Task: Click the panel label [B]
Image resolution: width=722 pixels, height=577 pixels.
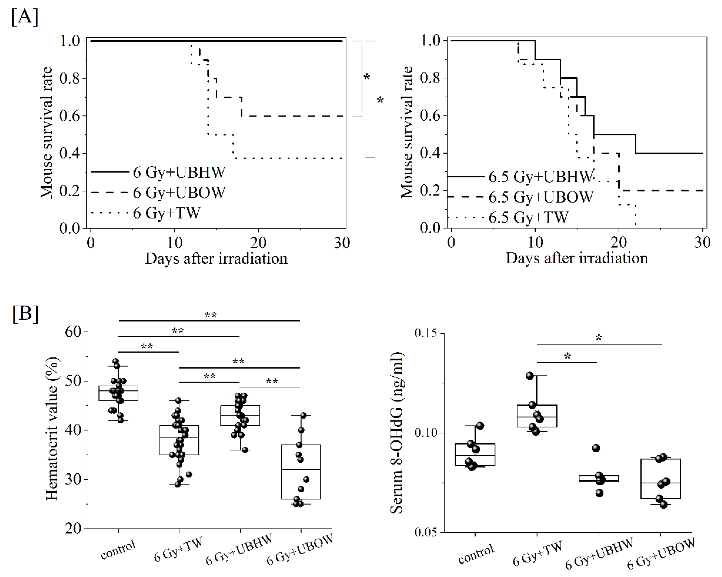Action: pyautogui.click(x=25, y=314)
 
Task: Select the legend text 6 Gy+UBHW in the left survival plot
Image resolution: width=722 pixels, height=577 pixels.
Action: pyautogui.click(x=179, y=172)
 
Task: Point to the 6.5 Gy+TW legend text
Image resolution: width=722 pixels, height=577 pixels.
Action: pyautogui.click(x=528, y=217)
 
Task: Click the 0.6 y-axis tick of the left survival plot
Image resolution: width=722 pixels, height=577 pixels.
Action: pyautogui.click(x=70, y=116)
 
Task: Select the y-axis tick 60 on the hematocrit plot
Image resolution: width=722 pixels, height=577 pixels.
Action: pyautogui.click(x=73, y=332)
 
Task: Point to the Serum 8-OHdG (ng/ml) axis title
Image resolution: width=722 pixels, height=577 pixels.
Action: pyautogui.click(x=397, y=433)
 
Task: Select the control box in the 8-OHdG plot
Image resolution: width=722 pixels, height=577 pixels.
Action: pyautogui.click(x=475, y=455)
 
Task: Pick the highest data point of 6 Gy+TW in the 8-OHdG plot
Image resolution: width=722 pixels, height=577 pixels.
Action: pyautogui.click(x=529, y=376)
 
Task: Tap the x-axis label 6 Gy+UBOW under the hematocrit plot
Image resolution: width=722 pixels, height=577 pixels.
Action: pyautogui.click(x=300, y=549)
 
